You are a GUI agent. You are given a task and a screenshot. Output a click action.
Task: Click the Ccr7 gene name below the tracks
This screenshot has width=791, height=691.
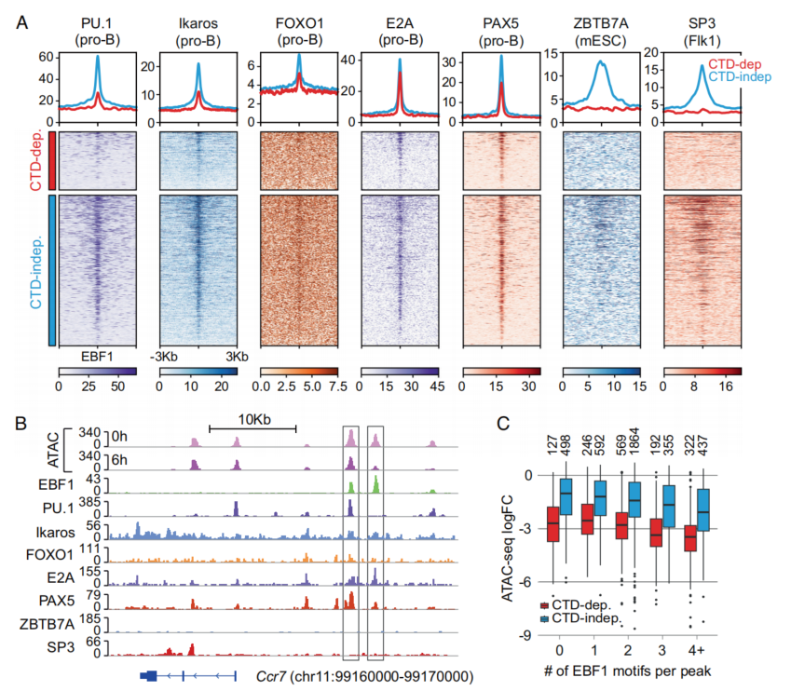(271, 675)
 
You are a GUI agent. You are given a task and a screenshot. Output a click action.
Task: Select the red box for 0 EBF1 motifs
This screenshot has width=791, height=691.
(553, 531)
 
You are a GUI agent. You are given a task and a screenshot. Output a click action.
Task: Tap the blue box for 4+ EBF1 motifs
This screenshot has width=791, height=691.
(703, 509)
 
